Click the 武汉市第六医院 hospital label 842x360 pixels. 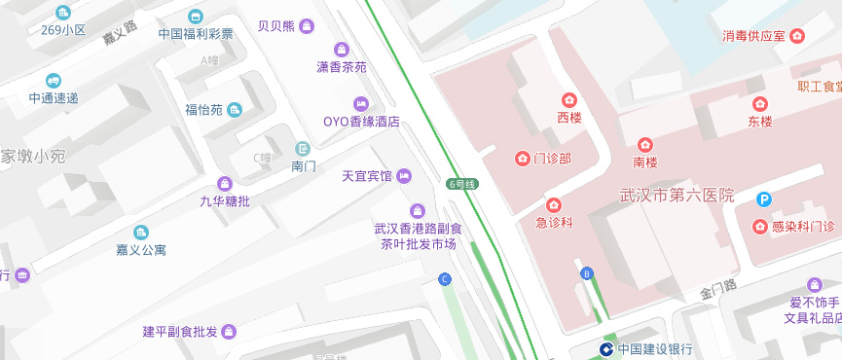[x=677, y=196]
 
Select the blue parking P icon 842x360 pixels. [x=765, y=200]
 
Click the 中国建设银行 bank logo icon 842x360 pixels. [x=604, y=348]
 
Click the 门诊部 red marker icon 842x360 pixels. [x=521, y=158]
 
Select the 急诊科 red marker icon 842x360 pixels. [x=553, y=204]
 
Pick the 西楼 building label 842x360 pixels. [x=568, y=118]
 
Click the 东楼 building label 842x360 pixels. [x=759, y=122]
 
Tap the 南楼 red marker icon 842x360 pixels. [x=644, y=145]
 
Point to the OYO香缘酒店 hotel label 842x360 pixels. [x=361, y=122]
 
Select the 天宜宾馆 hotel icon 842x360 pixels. [x=405, y=175]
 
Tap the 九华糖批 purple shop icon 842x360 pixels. [x=225, y=183]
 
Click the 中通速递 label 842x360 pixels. [x=54, y=97]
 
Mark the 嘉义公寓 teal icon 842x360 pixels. [x=141, y=232]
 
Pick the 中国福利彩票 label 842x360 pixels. [x=196, y=33]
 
